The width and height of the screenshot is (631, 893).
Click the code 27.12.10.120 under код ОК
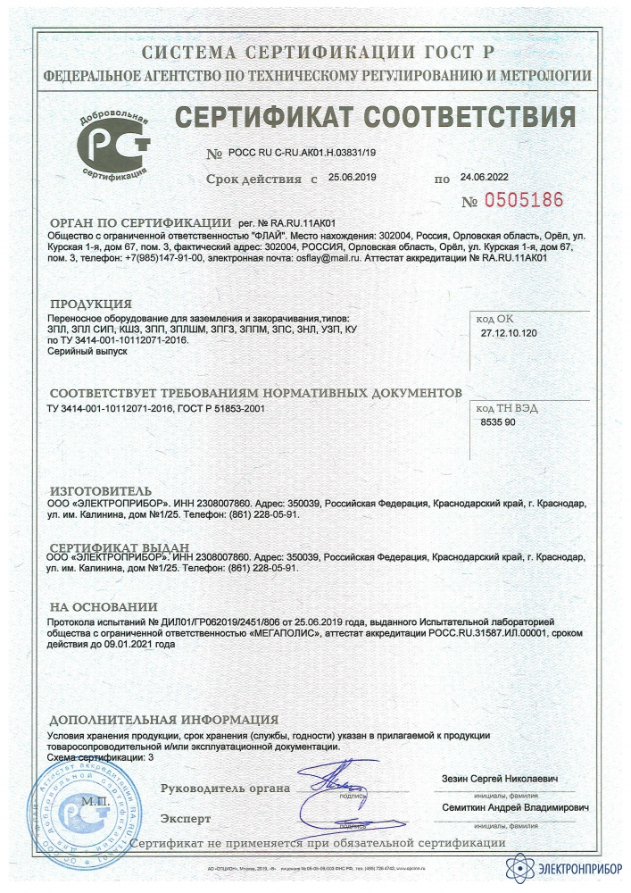505,331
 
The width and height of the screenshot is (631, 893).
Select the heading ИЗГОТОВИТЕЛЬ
95,491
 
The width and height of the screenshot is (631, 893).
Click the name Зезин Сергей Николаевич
500,780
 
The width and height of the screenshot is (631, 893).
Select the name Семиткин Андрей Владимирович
515,806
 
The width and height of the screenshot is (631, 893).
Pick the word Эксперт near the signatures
186,817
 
